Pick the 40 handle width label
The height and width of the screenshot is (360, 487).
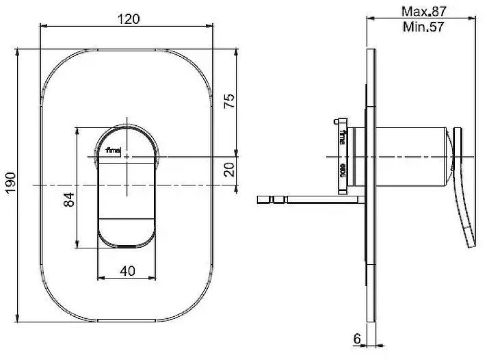click(x=127, y=270)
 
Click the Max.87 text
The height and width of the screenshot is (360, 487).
click(x=425, y=12)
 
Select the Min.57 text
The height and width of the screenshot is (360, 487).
click(x=425, y=27)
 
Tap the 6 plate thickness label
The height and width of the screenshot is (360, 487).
click(x=357, y=337)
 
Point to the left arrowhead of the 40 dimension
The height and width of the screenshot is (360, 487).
click(x=101, y=279)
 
